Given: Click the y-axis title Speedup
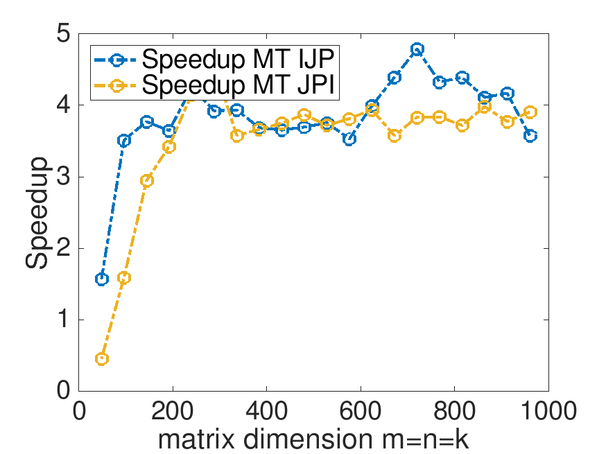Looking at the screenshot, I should [37, 212].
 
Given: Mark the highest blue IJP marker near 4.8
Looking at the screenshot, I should [417, 49].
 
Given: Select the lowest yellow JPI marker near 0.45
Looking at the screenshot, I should [102, 359].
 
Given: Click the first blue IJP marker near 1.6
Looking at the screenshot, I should [102, 279].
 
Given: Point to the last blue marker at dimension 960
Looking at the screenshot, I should [530, 136].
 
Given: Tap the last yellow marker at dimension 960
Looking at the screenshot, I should [530, 112].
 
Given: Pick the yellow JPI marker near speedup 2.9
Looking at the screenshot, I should [147, 180].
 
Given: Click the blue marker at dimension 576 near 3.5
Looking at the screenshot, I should [349, 139].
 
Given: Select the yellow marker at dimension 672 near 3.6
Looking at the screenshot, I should [395, 136].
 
